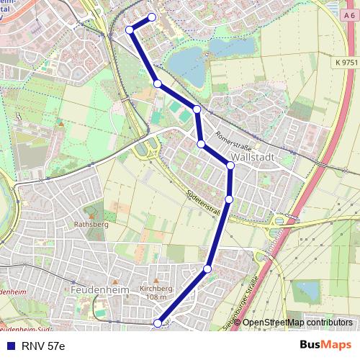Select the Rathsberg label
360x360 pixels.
point(91,223)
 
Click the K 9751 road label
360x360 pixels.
point(346,63)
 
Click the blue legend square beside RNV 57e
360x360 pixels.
point(10,346)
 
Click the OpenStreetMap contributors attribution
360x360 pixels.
point(297,323)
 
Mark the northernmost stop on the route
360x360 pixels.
point(152,17)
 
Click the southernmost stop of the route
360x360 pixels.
point(158,324)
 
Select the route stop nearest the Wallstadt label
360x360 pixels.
point(230,166)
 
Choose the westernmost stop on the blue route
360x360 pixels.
point(130,30)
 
